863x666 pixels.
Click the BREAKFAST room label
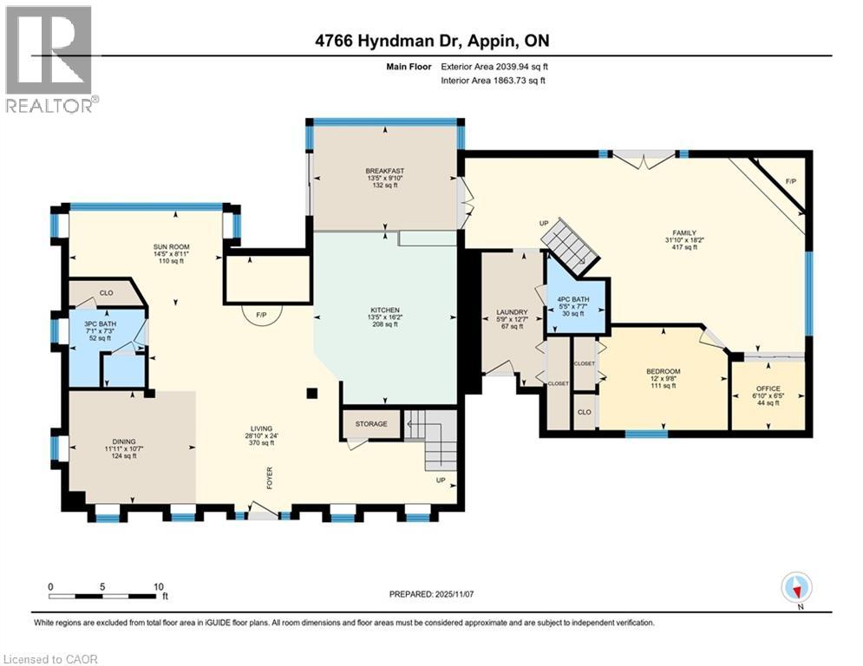tap(385, 171)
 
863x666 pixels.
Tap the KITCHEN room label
tap(384, 310)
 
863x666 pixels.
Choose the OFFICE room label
tap(768, 388)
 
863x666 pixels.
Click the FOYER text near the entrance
tap(268, 478)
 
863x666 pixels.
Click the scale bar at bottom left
tap(107, 595)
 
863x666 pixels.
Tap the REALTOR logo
tap(49, 59)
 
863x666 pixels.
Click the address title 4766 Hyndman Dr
tap(431, 41)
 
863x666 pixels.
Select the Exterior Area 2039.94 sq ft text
tap(494, 66)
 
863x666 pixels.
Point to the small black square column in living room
tap(311, 393)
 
